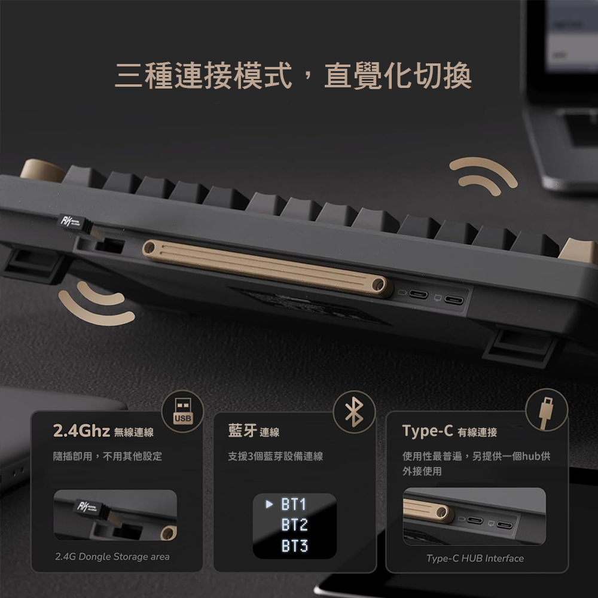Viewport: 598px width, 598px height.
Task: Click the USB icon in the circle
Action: (183, 411)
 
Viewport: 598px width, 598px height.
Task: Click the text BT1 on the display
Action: (294, 504)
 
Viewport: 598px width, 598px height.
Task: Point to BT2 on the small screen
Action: (294, 525)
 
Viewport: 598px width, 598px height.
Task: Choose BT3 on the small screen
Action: (294, 546)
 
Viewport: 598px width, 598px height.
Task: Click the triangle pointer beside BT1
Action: (269, 504)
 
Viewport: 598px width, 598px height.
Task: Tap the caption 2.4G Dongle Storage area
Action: (112, 557)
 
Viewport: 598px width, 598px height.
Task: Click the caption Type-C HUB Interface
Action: (475, 559)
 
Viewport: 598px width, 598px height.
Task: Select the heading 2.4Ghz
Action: (81, 431)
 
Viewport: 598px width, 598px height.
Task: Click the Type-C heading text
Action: (428, 431)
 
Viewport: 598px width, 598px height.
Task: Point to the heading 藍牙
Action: (242, 431)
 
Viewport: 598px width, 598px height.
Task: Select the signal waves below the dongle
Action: (96, 304)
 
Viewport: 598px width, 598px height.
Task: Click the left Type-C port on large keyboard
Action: (419, 294)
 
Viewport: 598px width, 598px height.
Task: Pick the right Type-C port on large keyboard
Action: (454, 300)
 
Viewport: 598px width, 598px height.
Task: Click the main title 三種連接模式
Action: (203, 75)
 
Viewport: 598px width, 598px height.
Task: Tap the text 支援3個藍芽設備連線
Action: (275, 456)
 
